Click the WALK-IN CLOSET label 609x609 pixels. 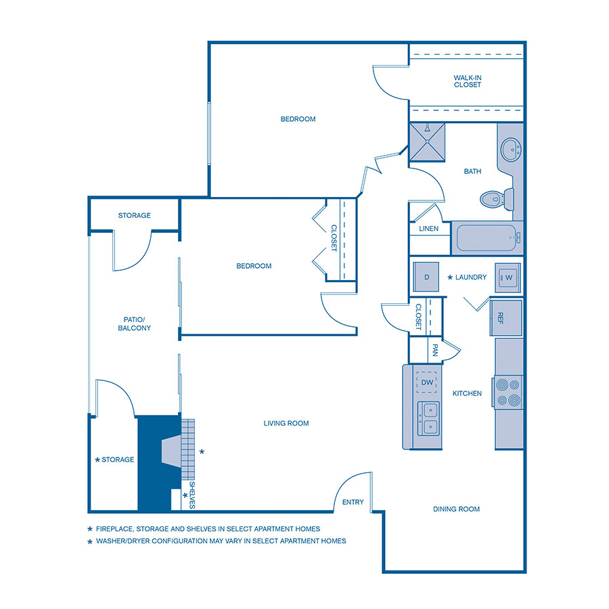click(x=468, y=81)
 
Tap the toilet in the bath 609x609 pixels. click(x=493, y=199)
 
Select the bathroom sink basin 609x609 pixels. click(x=510, y=148)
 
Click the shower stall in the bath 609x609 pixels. click(x=428, y=143)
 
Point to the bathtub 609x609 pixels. click(x=486, y=238)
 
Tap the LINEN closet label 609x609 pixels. click(x=429, y=229)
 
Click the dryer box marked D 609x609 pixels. click(x=427, y=277)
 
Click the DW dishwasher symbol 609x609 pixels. click(x=427, y=382)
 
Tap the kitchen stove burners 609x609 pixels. click(x=508, y=392)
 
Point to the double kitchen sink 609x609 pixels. click(x=428, y=418)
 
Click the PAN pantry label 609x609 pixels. click(x=435, y=351)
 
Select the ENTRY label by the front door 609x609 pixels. click(x=353, y=502)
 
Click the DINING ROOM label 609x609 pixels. click(x=457, y=509)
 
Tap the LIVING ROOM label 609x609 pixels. click(x=286, y=424)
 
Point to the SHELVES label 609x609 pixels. click(x=191, y=495)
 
